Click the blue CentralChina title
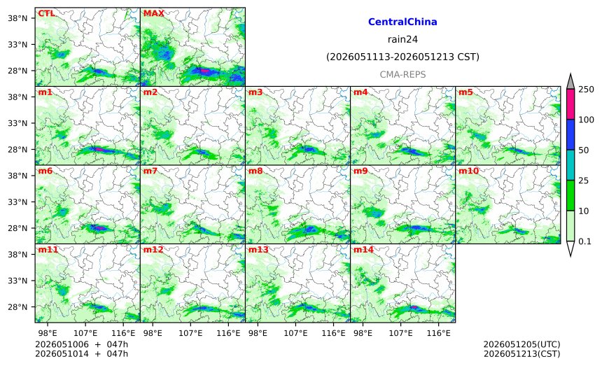402,22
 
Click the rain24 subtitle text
402,39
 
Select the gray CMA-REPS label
402,74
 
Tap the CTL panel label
46,13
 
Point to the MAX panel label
153,13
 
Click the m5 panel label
465,92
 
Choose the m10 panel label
468,171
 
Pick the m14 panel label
363,250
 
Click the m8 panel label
255,171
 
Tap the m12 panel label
153,250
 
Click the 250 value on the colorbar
587,90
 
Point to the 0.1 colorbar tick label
584,241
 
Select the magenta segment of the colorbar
570,104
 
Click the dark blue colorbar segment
570,134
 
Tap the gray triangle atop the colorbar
570,82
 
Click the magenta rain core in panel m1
98,149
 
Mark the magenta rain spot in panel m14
414,307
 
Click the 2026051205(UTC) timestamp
521,344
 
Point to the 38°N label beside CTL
17,18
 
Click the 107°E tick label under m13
295,333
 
